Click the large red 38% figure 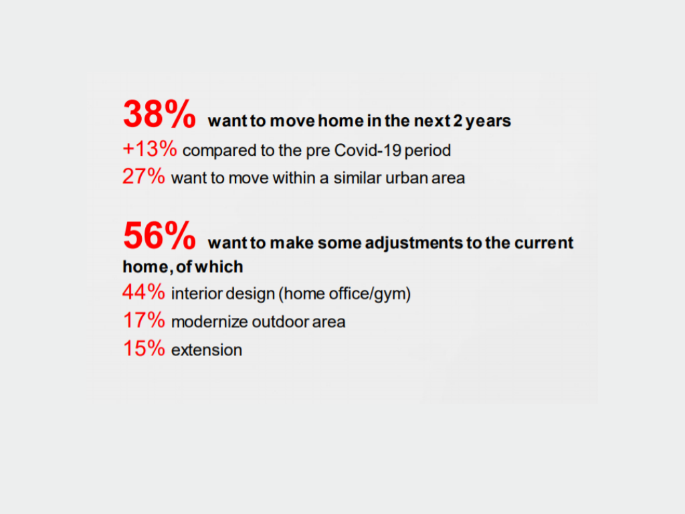[x=159, y=114]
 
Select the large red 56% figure [x=159, y=236]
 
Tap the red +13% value [x=150, y=149]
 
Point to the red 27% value [x=144, y=177]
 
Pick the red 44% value [x=144, y=292]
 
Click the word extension [x=207, y=350]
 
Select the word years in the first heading [x=488, y=122]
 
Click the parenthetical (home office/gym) [x=345, y=294]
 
